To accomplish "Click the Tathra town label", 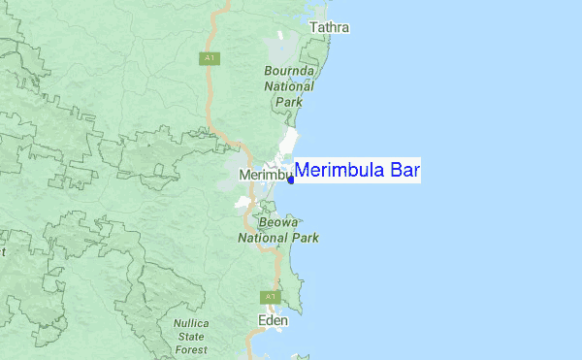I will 329,28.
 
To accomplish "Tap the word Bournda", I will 290,71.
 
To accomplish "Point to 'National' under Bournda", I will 290,85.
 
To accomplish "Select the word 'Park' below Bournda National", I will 289,101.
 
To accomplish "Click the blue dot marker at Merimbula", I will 290,180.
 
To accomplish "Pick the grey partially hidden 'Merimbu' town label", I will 264,175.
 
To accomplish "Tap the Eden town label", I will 274,320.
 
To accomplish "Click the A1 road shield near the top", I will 209,59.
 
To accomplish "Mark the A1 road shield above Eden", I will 269,297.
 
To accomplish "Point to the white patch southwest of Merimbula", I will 242,203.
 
